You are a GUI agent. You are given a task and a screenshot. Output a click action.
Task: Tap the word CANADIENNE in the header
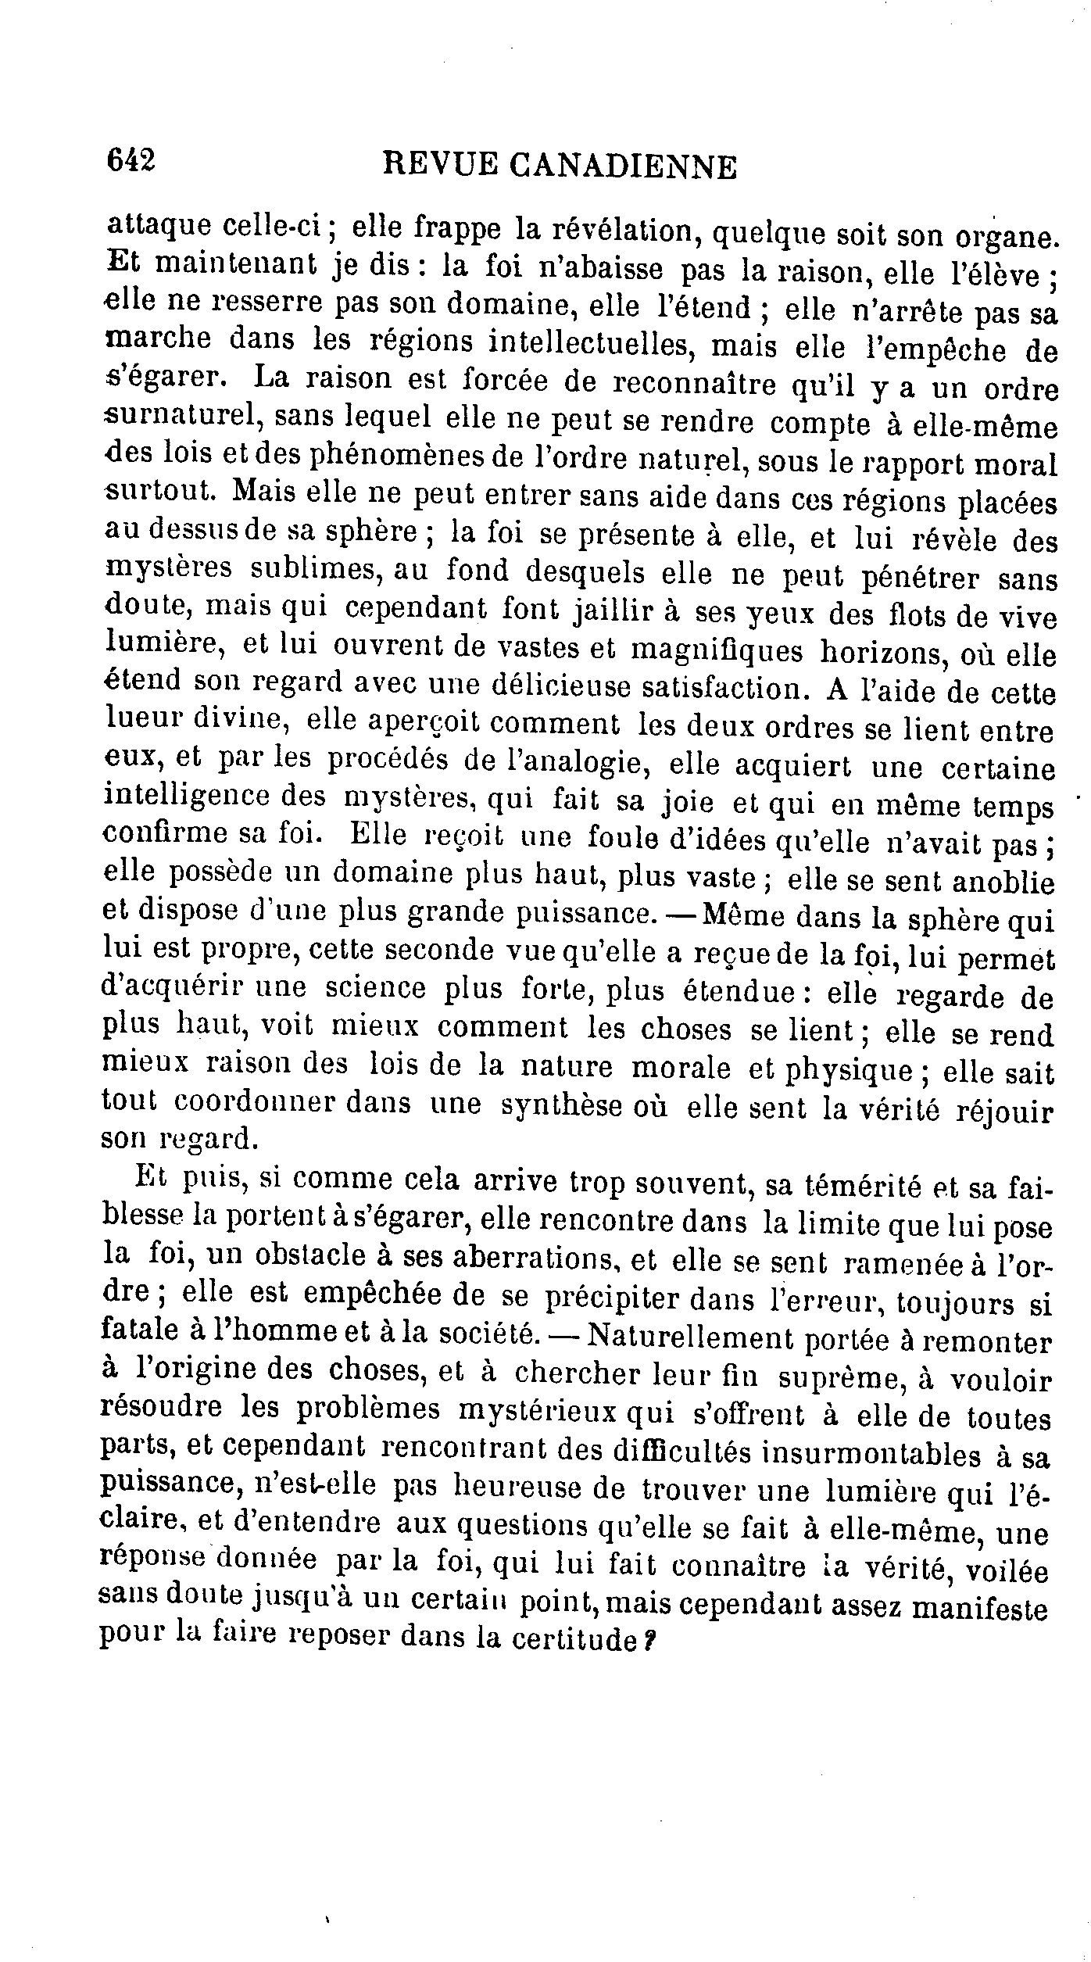(x=622, y=166)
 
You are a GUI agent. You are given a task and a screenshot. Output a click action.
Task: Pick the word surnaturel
(x=179, y=417)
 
